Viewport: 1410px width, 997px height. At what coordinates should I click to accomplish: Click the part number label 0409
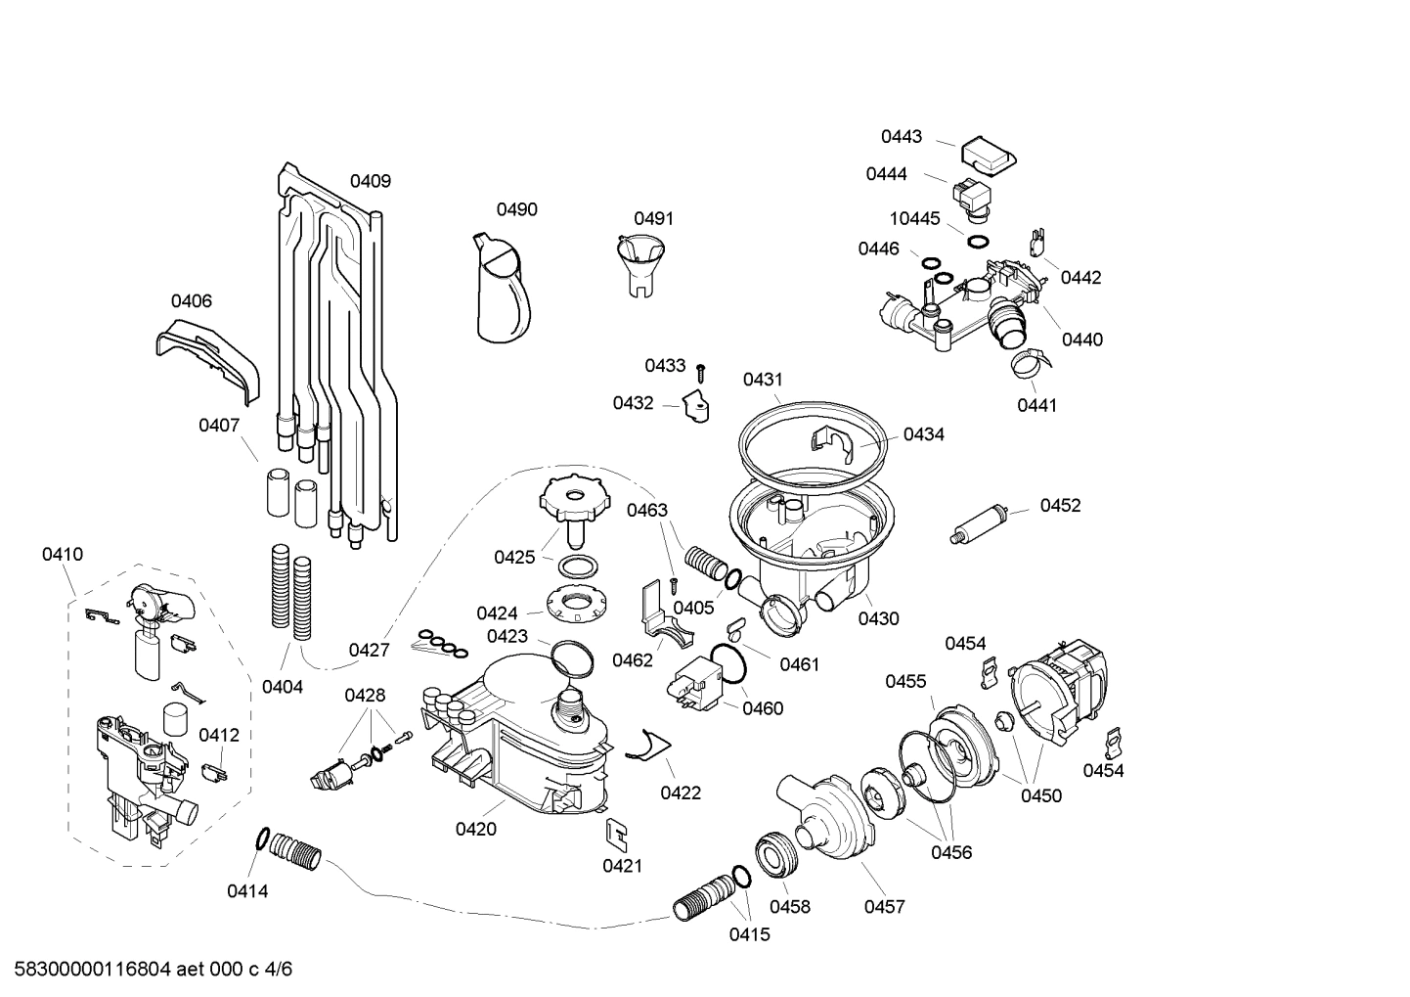371,181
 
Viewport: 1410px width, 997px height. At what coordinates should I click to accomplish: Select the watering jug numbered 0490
503,289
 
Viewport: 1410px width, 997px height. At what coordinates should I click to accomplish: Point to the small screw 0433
701,372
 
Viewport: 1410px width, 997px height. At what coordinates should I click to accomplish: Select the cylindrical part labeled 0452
980,523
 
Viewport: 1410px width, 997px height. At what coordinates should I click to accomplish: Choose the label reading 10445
914,218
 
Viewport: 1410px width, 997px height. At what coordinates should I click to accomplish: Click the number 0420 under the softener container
475,830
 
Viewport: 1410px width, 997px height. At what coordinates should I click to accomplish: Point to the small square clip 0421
616,832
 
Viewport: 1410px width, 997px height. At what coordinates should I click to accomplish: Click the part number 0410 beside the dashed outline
63,555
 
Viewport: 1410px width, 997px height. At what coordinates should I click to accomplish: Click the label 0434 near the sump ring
924,434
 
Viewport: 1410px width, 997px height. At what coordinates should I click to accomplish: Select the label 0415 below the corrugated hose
749,934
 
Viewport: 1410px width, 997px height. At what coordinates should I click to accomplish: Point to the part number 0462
633,660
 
